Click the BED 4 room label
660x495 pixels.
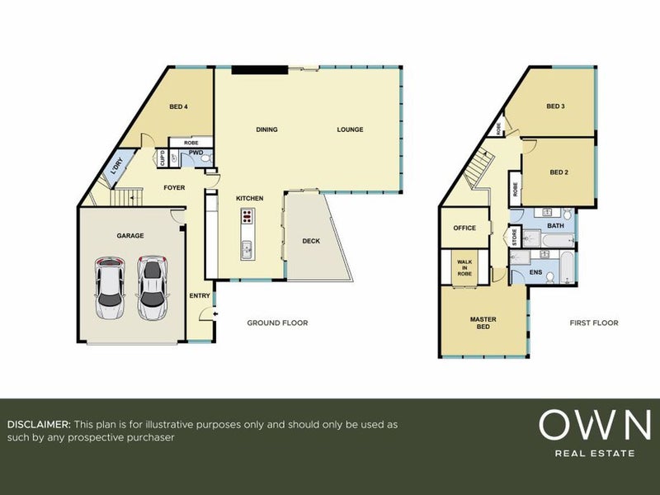point(178,107)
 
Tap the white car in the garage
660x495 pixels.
point(110,288)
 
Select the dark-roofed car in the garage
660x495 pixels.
point(152,288)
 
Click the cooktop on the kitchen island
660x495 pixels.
point(247,216)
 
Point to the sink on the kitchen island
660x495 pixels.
point(247,250)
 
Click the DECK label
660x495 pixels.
point(311,241)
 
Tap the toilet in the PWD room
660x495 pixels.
point(205,158)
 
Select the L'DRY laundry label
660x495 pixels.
point(116,167)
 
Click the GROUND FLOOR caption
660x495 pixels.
point(277,323)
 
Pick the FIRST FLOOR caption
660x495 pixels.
point(594,323)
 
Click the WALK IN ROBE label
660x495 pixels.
point(464,267)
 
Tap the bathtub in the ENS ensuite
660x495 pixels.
point(568,267)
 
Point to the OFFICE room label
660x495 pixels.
point(464,228)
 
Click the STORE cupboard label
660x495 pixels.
point(514,237)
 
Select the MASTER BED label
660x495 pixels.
point(483,323)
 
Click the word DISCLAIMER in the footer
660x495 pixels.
point(39,424)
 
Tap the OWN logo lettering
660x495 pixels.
point(594,425)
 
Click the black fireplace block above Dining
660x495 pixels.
point(260,70)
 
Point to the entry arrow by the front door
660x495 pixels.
point(216,313)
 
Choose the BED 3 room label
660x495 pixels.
point(555,106)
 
